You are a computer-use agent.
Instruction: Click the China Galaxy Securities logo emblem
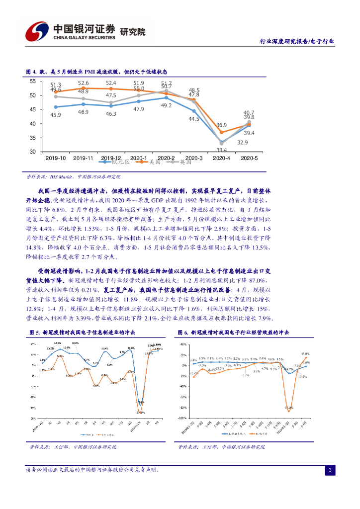click(x=35, y=31)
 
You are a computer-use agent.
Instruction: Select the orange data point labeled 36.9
click(x=221, y=132)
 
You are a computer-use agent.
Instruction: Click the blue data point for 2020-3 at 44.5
click(x=194, y=111)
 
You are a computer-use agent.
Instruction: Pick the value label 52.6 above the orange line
click(x=83, y=83)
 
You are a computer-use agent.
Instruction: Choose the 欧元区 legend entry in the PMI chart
click(x=120, y=162)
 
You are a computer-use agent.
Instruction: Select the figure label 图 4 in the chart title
click(x=30, y=72)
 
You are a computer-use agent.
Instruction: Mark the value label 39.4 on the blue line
click(x=249, y=133)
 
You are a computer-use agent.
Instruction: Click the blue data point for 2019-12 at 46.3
click(x=111, y=106)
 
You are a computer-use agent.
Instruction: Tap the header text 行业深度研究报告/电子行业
click(x=297, y=42)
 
